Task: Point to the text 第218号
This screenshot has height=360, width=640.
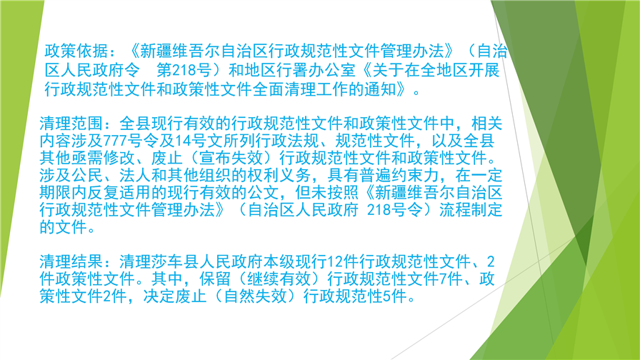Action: [x=184, y=70]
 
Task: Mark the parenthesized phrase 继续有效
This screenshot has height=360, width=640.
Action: [x=279, y=279]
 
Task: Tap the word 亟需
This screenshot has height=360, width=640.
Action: [x=87, y=158]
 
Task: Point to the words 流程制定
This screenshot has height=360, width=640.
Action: [x=471, y=210]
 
